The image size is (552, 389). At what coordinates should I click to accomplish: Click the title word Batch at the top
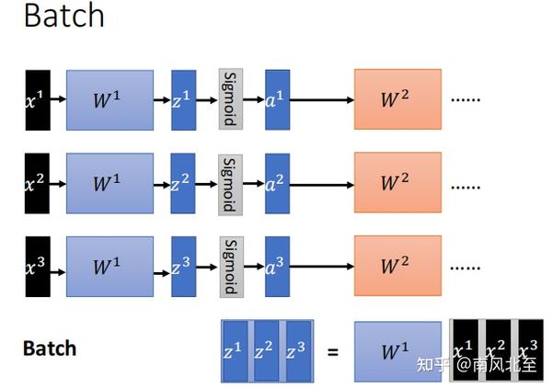pos(63,17)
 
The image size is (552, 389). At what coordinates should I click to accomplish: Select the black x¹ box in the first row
pos(37,98)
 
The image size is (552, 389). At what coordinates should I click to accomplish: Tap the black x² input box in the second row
pos(37,184)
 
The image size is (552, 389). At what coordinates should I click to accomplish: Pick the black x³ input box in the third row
pos(37,267)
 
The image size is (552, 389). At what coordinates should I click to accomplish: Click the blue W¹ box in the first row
pos(109,98)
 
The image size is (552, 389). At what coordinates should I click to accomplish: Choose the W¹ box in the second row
pos(109,184)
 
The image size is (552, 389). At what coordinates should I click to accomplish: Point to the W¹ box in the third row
pos(109,267)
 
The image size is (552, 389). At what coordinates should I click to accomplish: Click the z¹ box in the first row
pos(183,98)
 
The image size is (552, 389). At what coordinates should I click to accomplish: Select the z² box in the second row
pos(183,184)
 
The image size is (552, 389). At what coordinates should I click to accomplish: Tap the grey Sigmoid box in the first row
pos(230,98)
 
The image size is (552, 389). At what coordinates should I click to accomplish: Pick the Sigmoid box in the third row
pos(230,267)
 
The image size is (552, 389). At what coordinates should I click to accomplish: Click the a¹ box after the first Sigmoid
pos(277,98)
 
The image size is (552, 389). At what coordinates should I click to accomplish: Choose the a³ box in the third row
pos(277,267)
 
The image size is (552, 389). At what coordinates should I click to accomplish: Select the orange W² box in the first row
pos(397,98)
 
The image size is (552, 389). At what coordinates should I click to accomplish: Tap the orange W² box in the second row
pos(397,184)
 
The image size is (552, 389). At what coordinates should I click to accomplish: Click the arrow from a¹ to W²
pos(321,98)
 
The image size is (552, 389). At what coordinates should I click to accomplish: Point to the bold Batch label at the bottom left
pos(49,349)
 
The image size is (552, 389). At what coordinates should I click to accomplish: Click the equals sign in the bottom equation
pos(333,350)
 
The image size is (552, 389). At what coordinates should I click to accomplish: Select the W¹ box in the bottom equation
pos(397,350)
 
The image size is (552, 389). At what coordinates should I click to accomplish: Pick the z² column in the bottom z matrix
pos(267,350)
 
